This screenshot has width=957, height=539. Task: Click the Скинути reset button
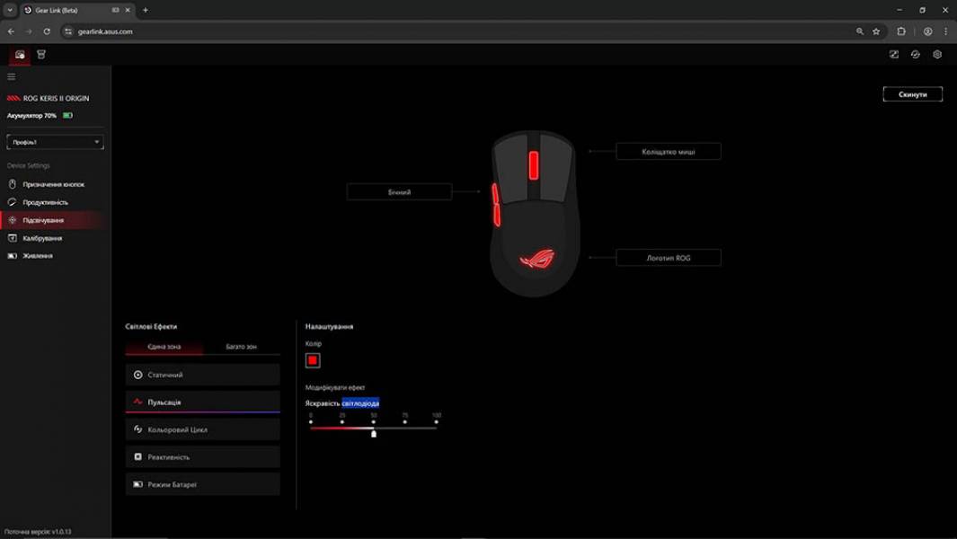tap(912, 94)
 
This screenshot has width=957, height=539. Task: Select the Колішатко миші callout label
tap(668, 152)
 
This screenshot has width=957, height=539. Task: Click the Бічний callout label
tap(399, 192)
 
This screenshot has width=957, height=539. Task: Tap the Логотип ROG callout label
tap(668, 258)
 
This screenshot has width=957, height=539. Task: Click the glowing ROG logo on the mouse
tap(536, 260)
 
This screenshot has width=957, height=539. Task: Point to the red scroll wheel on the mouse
tap(534, 165)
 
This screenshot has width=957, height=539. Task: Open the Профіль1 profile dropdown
tap(55, 142)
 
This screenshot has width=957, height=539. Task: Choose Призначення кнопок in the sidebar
tap(53, 184)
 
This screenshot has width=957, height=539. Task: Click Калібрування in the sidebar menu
tap(42, 238)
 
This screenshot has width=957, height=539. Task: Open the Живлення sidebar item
tap(38, 256)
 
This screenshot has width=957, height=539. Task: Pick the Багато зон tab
tap(241, 347)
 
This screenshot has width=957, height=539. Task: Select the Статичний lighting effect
tap(202, 375)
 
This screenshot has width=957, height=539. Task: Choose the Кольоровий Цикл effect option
tap(202, 429)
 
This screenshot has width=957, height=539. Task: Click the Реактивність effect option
tap(202, 457)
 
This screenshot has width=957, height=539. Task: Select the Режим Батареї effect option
tap(202, 484)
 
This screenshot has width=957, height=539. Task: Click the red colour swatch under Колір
tap(313, 360)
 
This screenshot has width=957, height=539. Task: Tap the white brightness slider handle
tap(374, 433)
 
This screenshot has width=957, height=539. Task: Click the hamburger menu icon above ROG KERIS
tap(12, 77)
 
